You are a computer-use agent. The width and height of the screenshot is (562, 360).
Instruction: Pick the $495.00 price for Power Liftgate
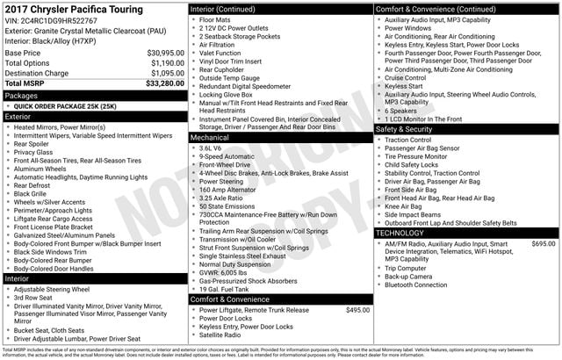tap(357, 310)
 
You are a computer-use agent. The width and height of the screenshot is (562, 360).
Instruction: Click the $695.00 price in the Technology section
tap(543, 243)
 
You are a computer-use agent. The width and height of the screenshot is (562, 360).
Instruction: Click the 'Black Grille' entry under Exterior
tap(36, 193)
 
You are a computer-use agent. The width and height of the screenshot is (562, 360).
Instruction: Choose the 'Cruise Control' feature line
tap(412, 77)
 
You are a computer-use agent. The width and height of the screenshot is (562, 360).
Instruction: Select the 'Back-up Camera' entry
tap(408, 276)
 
